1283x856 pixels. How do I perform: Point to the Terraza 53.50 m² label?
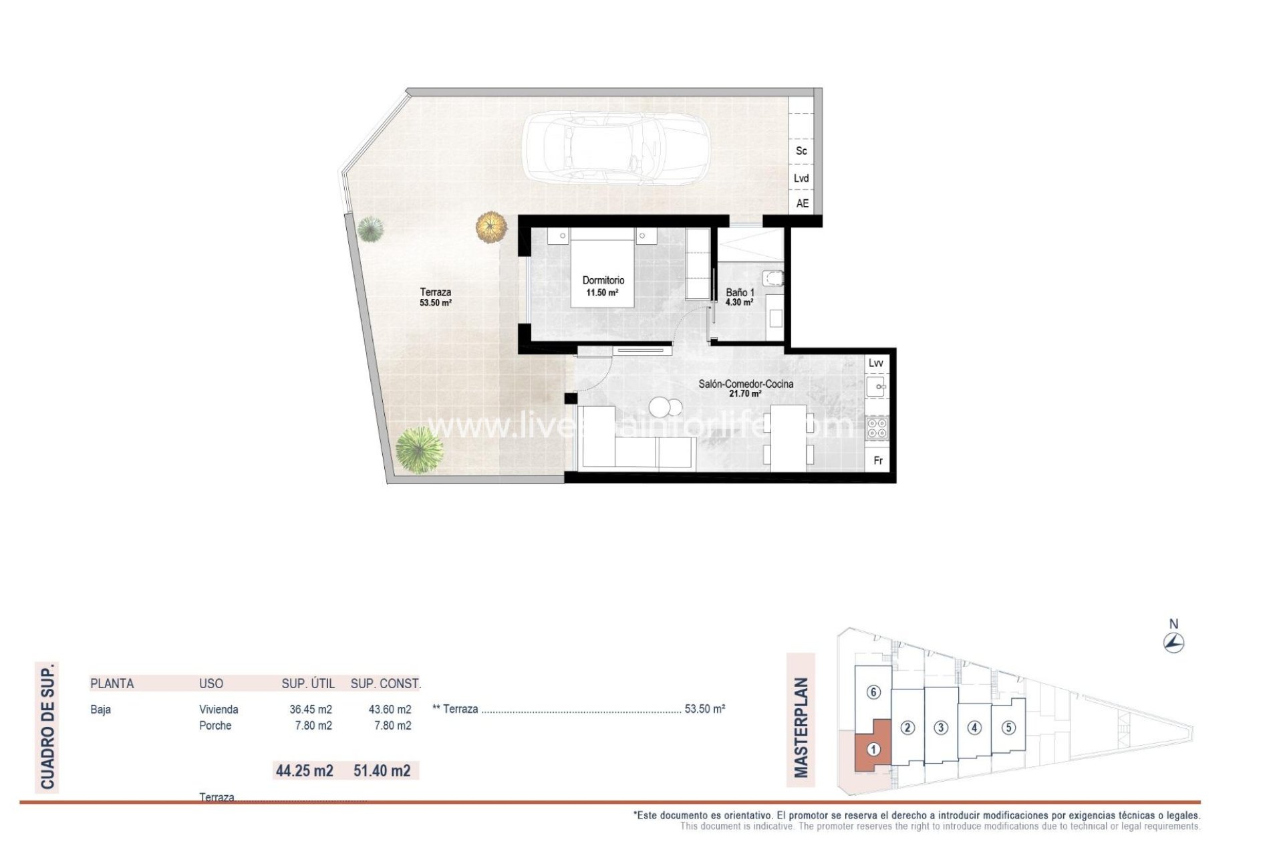pyautogui.click(x=436, y=297)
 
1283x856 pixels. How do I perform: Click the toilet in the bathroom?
pyautogui.click(x=774, y=278)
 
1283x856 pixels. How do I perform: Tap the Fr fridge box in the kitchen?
pyautogui.click(x=878, y=461)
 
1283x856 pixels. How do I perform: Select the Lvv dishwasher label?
pyautogui.click(x=875, y=363)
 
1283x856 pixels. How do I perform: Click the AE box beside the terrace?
pyautogui.click(x=802, y=203)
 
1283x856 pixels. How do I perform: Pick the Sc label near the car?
pyautogui.click(x=801, y=151)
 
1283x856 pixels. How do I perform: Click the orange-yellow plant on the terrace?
pyautogui.click(x=492, y=227)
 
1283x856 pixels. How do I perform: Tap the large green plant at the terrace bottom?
pyautogui.click(x=419, y=450)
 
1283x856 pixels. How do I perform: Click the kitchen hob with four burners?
pyautogui.click(x=877, y=428)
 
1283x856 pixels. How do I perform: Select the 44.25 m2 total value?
pyautogui.click(x=305, y=770)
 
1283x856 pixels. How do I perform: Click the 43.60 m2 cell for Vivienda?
pyautogui.click(x=390, y=710)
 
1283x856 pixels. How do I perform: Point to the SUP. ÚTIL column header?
pyautogui.click(x=308, y=683)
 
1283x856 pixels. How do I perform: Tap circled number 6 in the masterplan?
pyautogui.click(x=873, y=692)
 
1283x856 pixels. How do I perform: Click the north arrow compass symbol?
pyautogui.click(x=1173, y=643)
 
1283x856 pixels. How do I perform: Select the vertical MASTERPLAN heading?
pyautogui.click(x=801, y=728)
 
